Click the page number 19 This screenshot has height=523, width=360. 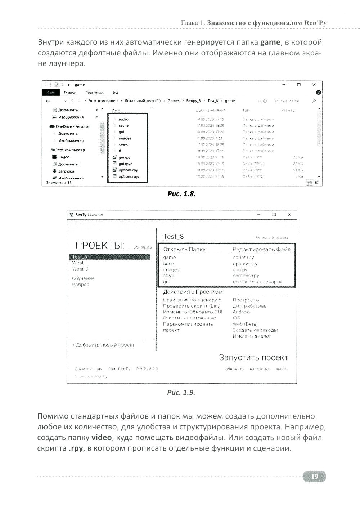[x=314, y=477]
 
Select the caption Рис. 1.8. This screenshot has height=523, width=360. [x=181, y=194]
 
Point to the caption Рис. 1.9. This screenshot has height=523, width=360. [x=181, y=392]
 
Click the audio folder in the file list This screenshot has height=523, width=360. [x=123, y=119]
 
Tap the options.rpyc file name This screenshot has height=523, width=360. [x=129, y=176]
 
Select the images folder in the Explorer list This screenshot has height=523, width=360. [x=125, y=138]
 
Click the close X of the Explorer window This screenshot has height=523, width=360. [x=314, y=85]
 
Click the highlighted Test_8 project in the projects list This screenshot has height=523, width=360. [x=80, y=257]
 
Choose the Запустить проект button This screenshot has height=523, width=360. [x=253, y=358]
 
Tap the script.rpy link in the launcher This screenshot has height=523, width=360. [x=243, y=258]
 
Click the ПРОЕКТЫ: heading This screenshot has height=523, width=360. [x=99, y=246]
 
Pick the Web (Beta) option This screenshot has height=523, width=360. [x=245, y=324]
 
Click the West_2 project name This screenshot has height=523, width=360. [x=80, y=269]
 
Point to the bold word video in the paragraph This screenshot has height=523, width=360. [x=102, y=438]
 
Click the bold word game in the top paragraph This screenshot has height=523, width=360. [x=270, y=42]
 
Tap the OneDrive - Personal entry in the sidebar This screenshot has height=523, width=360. [x=72, y=127]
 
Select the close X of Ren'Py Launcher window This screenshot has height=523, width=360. [x=289, y=215]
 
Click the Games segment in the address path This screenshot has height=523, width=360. [x=174, y=101]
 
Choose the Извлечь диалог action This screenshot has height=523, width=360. [x=252, y=336]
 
